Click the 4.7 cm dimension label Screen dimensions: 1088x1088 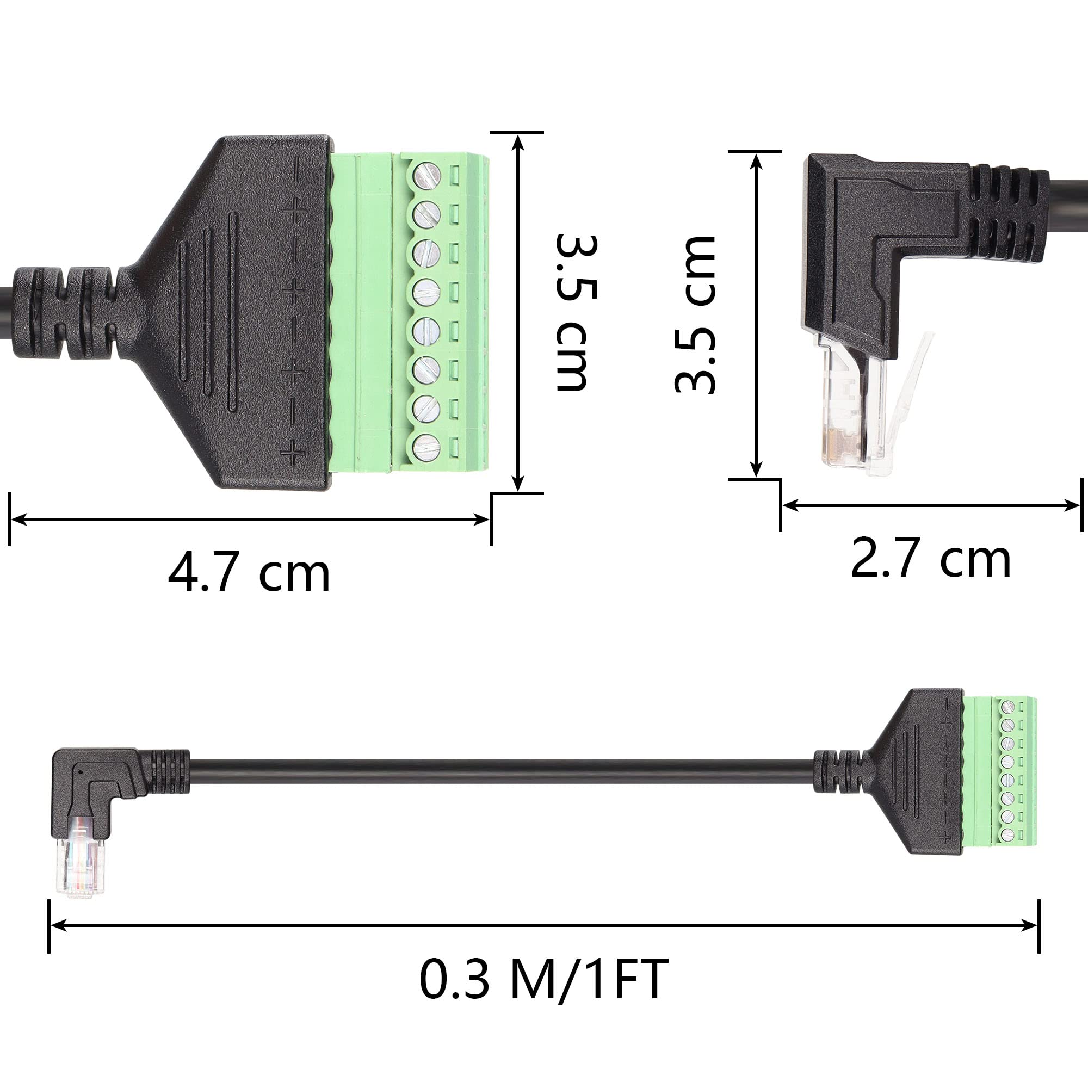tap(249, 573)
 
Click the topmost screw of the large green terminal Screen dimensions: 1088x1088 tap(427, 175)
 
